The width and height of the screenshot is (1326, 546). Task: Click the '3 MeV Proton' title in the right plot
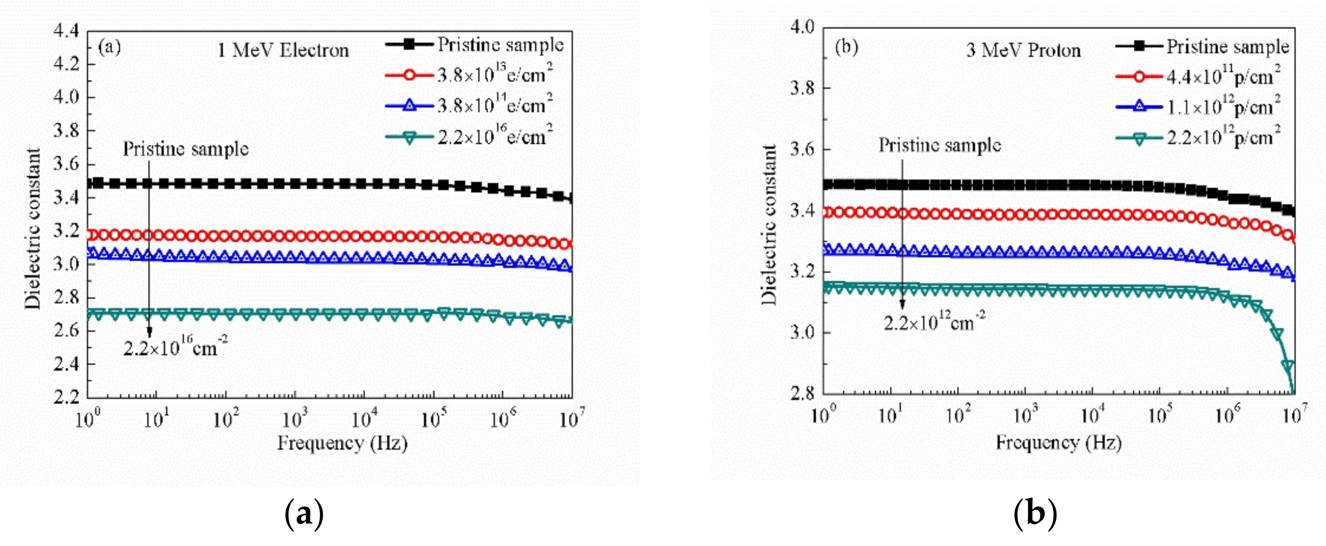point(1023,51)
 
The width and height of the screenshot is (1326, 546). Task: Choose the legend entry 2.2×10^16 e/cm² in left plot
point(494,137)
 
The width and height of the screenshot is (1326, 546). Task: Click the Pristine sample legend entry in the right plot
point(1227,47)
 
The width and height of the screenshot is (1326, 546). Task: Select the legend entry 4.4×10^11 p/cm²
point(1223,77)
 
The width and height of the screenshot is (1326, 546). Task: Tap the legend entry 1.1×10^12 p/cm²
point(1223,107)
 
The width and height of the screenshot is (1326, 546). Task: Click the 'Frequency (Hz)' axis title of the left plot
point(342,443)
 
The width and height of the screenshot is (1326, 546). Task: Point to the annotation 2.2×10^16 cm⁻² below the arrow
point(175,348)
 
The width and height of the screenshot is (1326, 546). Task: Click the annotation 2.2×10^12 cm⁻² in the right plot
point(934,323)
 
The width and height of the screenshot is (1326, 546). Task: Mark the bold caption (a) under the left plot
point(304,513)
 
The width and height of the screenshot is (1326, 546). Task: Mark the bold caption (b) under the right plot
point(1035,513)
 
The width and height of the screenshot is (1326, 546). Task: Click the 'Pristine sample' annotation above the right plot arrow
point(939,146)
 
